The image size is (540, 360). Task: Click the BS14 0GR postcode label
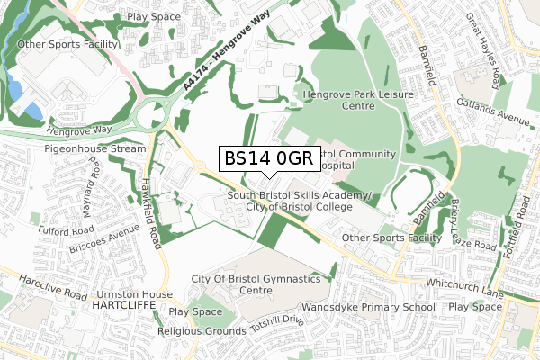tap(267, 159)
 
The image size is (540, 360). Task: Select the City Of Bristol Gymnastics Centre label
tap(256, 285)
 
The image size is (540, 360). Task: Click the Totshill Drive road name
tap(279, 325)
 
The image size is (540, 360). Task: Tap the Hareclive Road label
tap(43, 287)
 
